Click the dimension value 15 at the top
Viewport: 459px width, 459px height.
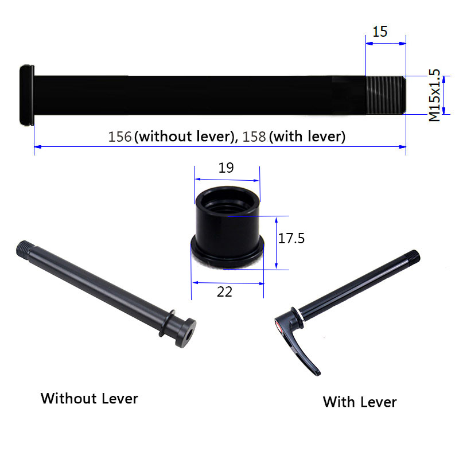click(x=380, y=32)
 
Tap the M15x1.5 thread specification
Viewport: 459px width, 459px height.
click(x=434, y=95)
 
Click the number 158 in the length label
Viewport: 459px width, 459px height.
click(x=255, y=137)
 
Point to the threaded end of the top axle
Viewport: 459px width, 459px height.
click(x=386, y=95)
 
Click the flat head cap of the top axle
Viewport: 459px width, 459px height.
click(x=26, y=95)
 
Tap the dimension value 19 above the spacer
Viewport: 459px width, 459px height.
click(x=227, y=168)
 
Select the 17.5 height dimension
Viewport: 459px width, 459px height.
click(x=291, y=238)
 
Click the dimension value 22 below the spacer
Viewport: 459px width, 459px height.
click(x=225, y=291)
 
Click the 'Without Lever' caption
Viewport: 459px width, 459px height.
click(x=90, y=398)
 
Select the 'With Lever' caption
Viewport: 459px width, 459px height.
click(x=360, y=402)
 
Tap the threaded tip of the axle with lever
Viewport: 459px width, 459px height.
click(x=413, y=256)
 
